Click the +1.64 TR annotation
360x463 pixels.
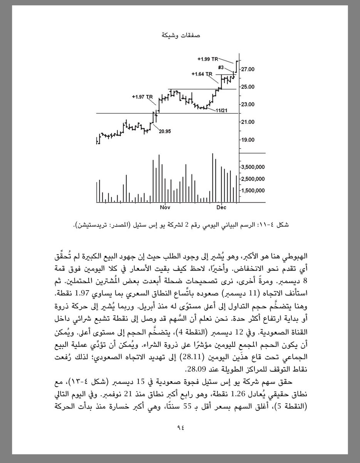pyautogui.click(x=202, y=73)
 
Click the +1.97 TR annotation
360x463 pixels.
pyautogui.click(x=143, y=96)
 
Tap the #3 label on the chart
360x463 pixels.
pyautogui.click(x=221, y=68)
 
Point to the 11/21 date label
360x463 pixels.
pyautogui.click(x=222, y=111)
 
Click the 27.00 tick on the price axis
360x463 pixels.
pyautogui.click(x=247, y=69)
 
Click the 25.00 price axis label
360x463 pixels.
pyautogui.click(x=247, y=87)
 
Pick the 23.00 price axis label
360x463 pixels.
pyautogui.click(x=247, y=105)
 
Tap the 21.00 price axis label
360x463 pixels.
pyautogui.click(x=247, y=122)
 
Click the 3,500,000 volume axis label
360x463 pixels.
pyautogui.click(x=252, y=167)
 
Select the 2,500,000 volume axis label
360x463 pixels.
pyautogui.click(x=252, y=179)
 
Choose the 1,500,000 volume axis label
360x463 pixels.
pyautogui.click(x=252, y=190)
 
